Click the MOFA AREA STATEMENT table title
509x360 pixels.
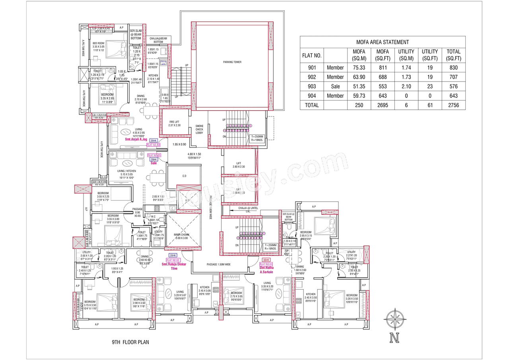point(382,42)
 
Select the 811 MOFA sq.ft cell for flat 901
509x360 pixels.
point(382,68)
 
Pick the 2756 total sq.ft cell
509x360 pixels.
point(453,105)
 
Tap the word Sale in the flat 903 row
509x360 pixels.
point(335,86)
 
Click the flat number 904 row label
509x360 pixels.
point(312,95)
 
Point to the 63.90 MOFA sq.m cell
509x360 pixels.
point(359,77)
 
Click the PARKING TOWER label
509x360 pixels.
point(232,62)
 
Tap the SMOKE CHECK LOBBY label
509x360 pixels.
point(199,129)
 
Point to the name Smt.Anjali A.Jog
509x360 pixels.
point(136,140)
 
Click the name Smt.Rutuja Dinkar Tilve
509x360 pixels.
point(173,266)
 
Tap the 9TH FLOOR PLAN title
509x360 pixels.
point(130,342)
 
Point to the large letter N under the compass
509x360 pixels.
point(394,339)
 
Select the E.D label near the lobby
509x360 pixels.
point(184,176)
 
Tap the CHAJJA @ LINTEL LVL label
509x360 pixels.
point(249,210)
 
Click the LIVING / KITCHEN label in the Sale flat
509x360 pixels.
point(126,171)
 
